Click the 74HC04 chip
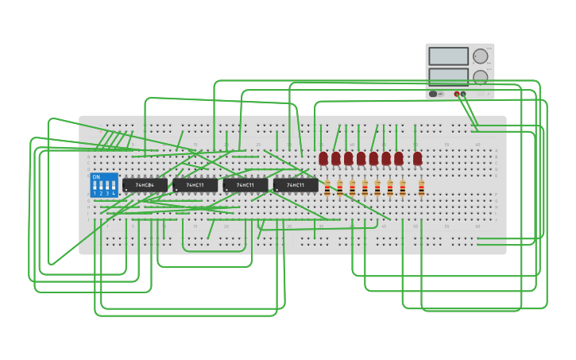[x=145, y=185]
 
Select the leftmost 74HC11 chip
[x=195, y=185]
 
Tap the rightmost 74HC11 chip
[x=296, y=185]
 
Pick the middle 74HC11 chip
[x=245, y=185]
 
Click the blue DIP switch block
[x=104, y=185]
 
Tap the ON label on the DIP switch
[x=96, y=176]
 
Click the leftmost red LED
[x=323, y=158]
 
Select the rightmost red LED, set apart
[x=418, y=158]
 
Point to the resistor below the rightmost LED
[x=421, y=188]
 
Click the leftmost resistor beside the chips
[x=327, y=188]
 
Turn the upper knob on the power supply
[x=480, y=56]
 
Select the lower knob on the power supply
[x=480, y=76]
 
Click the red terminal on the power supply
[x=457, y=94]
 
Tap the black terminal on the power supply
[x=463, y=94]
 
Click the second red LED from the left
[x=336, y=158]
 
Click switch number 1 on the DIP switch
[x=95, y=188]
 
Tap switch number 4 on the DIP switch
[x=114, y=188]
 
